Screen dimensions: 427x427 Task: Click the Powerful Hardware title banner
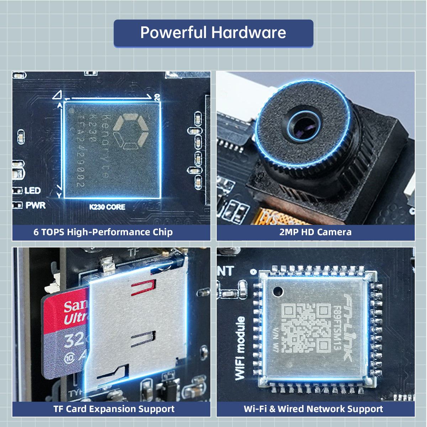213,33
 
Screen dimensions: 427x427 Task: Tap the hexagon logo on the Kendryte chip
130,131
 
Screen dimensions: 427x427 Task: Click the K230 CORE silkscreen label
107,207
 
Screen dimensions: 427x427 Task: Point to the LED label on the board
32,191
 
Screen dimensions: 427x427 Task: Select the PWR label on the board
35,205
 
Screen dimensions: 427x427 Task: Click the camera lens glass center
304,126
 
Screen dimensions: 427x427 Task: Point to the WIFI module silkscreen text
240,348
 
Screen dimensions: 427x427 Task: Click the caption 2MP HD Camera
315,232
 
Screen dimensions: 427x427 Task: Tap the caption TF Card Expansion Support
114,409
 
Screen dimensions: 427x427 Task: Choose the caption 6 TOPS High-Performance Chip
103,232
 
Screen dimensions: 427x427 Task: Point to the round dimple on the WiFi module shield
278,291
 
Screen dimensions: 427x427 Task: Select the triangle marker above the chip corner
57,95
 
